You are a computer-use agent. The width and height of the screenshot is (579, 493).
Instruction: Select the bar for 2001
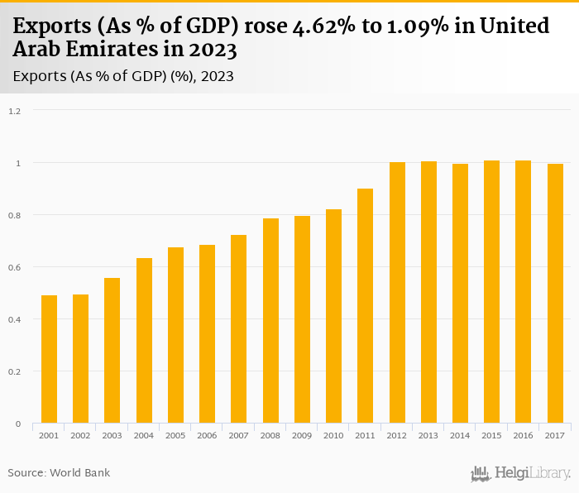point(50,360)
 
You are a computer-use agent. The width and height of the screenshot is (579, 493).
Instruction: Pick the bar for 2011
point(366,306)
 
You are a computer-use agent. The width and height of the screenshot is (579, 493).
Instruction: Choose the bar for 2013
point(428,293)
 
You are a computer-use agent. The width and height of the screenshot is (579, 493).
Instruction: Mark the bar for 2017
point(555,294)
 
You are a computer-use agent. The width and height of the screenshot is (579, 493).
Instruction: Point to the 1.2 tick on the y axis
point(15,111)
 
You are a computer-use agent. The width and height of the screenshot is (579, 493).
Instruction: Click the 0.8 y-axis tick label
point(15,215)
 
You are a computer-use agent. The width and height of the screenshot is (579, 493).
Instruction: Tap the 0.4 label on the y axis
point(15,319)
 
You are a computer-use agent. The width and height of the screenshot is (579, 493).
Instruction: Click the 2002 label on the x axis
point(81,435)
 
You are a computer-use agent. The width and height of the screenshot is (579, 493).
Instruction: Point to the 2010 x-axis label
point(333,435)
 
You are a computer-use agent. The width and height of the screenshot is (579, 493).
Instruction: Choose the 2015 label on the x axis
point(491,435)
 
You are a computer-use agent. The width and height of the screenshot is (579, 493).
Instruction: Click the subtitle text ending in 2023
point(123,76)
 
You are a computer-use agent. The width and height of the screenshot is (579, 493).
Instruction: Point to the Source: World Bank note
point(59,472)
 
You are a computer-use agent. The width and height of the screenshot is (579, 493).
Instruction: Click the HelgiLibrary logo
point(521,473)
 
